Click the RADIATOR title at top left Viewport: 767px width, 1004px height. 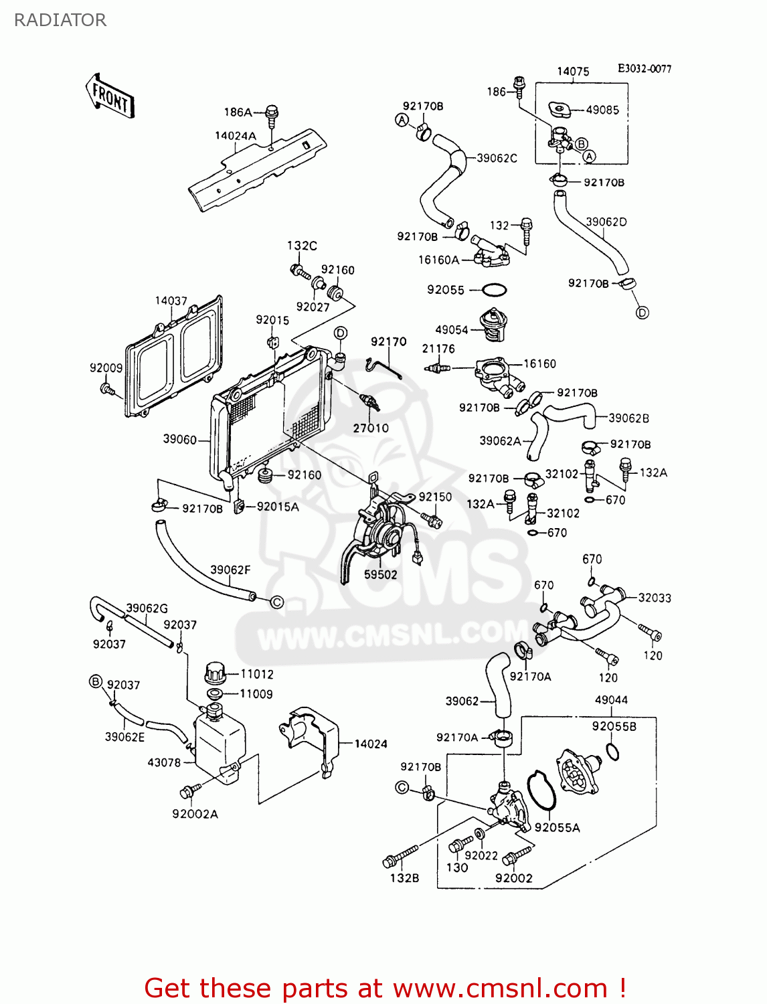tap(60, 20)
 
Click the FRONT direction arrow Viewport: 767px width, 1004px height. tap(110, 98)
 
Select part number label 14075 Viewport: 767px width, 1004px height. tap(573, 72)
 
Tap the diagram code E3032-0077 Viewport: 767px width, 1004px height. tap(644, 69)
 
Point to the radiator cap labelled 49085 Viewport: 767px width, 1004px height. tap(557, 109)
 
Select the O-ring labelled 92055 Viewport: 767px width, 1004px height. tap(494, 290)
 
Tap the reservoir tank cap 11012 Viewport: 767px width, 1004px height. tap(216, 671)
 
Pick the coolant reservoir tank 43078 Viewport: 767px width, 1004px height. tap(219, 746)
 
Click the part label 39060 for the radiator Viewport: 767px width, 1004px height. tap(179, 440)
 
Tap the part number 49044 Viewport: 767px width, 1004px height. tap(611, 700)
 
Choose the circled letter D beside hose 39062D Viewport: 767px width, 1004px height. tap(642, 313)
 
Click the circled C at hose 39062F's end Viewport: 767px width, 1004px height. tap(276, 602)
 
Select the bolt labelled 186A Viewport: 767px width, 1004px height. tap(271, 115)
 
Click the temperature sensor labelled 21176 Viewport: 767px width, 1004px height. tap(438, 368)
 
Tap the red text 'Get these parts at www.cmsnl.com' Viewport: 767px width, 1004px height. tap(385, 988)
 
